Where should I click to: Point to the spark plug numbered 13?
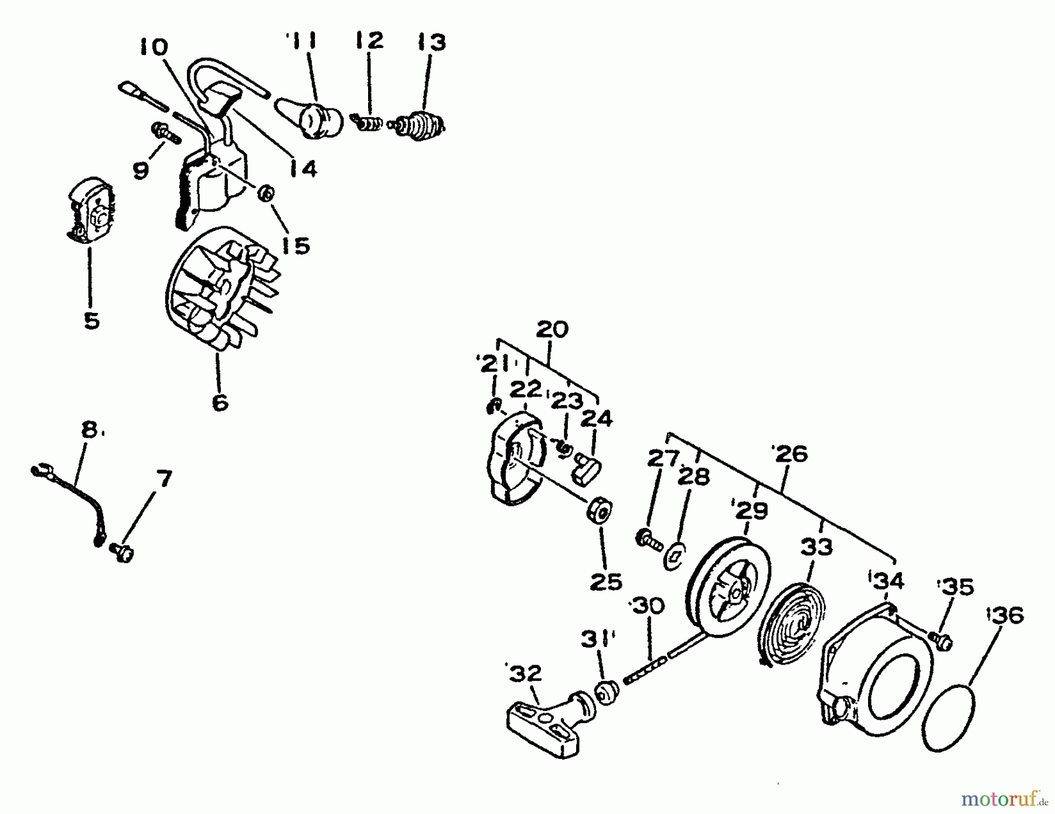pyautogui.click(x=419, y=126)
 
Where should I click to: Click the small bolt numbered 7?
pyautogui.click(x=122, y=551)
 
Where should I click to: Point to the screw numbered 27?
pyautogui.click(x=648, y=537)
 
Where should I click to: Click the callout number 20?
pyautogui.click(x=552, y=329)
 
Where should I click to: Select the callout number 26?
pyautogui.click(x=791, y=454)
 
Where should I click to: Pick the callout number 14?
pyautogui.click(x=302, y=169)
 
